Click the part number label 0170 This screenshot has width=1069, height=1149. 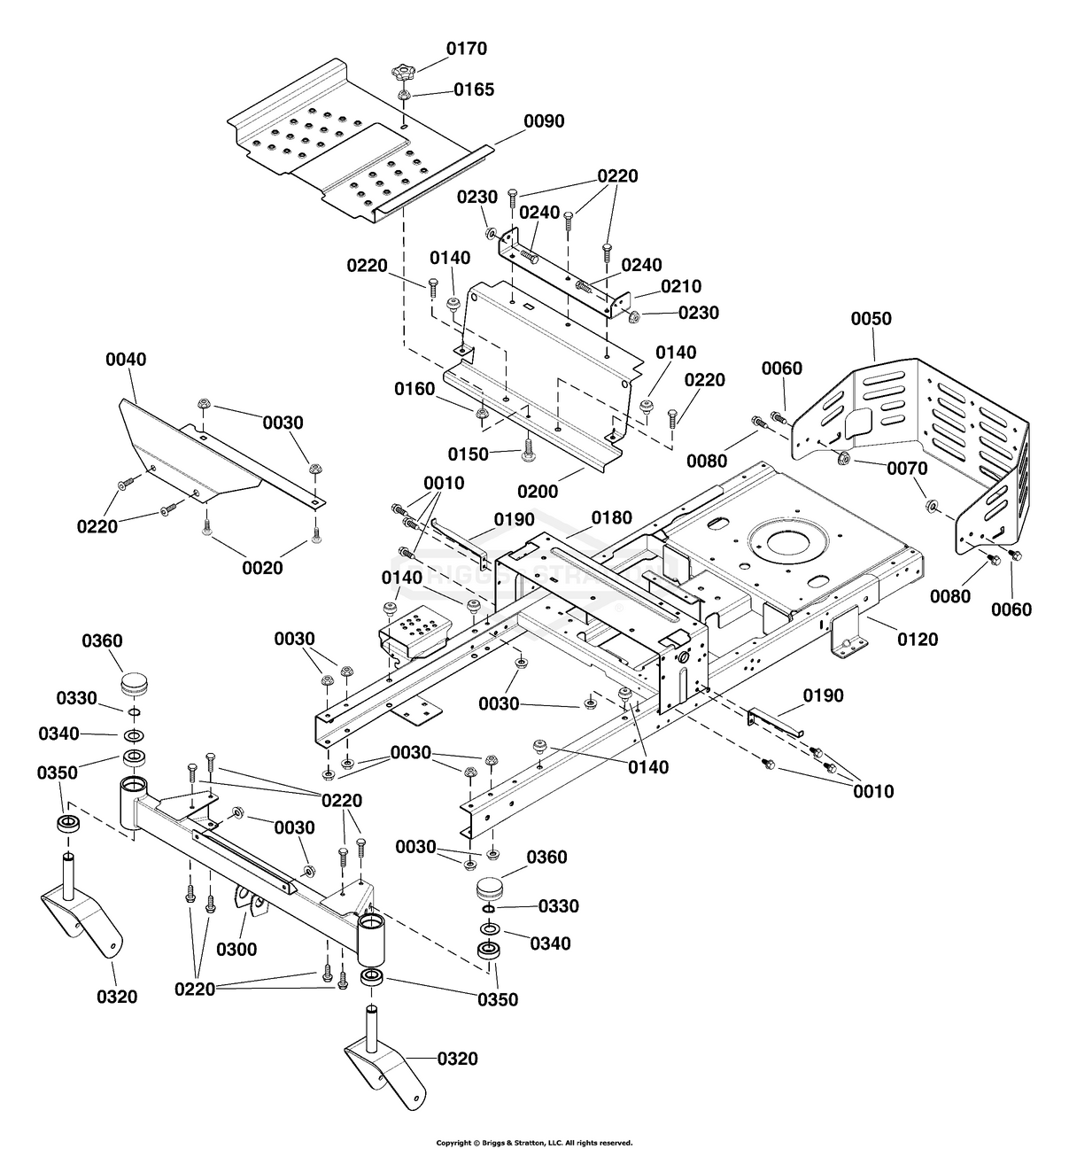pyautogui.click(x=466, y=49)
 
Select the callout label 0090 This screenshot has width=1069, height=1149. pyautogui.click(x=544, y=121)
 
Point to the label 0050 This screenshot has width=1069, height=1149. pyautogui.click(x=871, y=319)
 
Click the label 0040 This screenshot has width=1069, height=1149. pyautogui.click(x=126, y=360)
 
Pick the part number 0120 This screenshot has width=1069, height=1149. pyautogui.click(x=918, y=639)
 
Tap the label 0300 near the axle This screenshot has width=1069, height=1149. pyautogui.click(x=236, y=950)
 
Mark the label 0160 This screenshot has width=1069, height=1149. pyautogui.click(x=415, y=389)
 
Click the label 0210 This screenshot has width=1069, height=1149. pyautogui.click(x=681, y=286)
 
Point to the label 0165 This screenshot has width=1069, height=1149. pyautogui.click(x=474, y=89)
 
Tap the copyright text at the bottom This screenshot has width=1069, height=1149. pyautogui.click(x=534, y=1143)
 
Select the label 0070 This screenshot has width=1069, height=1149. pyautogui.click(x=908, y=468)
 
